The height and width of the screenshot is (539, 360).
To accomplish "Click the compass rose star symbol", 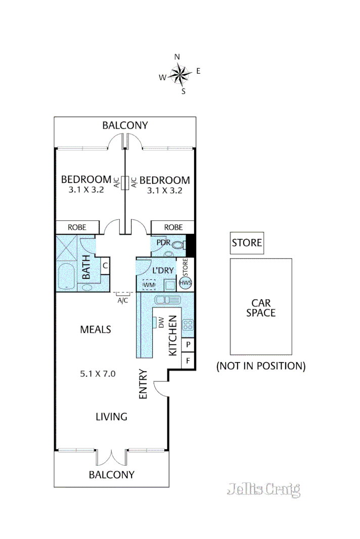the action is pos(180,75).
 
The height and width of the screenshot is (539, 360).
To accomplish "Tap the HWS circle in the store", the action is pos(185,283).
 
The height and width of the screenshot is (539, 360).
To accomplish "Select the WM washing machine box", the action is pos(149,285).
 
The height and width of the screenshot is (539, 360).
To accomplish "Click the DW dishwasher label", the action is pos(161,322).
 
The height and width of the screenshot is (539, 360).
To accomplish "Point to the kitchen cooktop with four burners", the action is pos(188,325).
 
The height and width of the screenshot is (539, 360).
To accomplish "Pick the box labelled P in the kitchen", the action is pos(188,344).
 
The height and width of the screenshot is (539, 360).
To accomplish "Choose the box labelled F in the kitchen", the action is pos(188,361).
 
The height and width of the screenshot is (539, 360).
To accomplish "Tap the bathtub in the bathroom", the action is pos(66,276).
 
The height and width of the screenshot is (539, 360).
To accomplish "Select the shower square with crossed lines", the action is pos(66,248).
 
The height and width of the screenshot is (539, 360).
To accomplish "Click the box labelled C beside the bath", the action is pos(105,266).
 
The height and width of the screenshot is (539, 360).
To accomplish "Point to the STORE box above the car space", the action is pos(247,243).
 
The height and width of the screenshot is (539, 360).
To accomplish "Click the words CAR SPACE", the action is pos(261,308).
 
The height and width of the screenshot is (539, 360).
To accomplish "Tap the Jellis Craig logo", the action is pos(263,489).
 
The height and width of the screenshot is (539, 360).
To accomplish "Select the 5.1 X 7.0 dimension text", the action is pos(98,374).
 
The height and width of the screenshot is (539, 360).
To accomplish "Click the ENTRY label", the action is pos(143,384).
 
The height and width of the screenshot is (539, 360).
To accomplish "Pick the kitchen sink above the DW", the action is pos(167,300).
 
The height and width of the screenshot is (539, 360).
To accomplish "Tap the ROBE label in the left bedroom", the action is pos(77,227).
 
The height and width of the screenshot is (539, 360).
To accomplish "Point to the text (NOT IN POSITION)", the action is pos(261,366).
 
